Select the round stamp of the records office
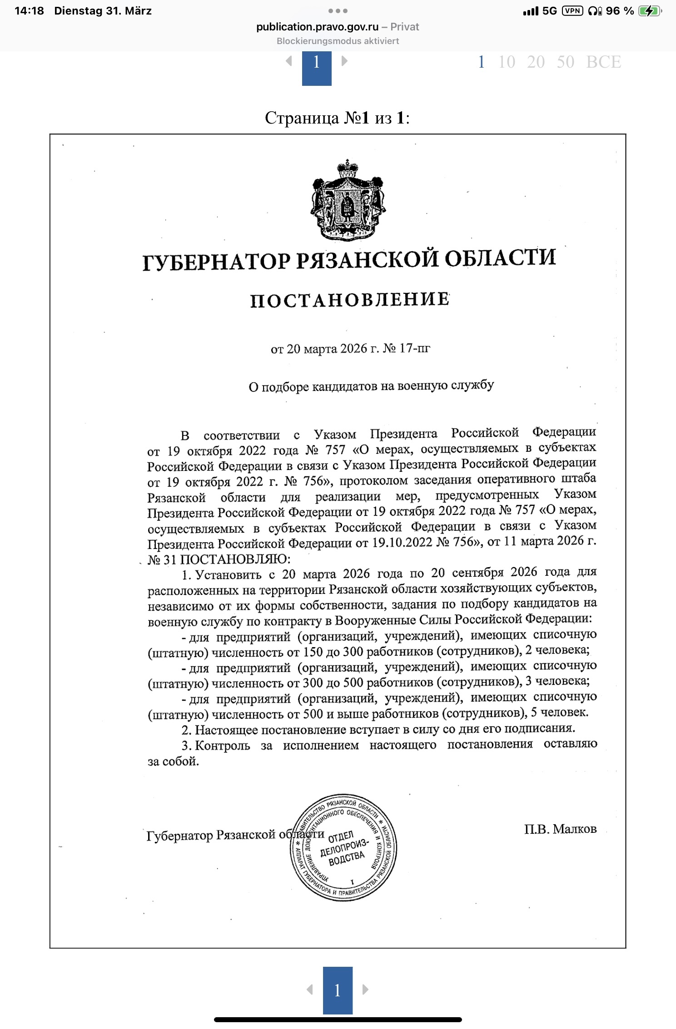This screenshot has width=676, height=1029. [x=344, y=848]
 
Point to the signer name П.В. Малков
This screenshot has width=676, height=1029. [x=560, y=829]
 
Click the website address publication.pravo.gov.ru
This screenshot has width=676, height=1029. [x=317, y=27]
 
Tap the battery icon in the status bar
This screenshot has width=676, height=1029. [x=650, y=11]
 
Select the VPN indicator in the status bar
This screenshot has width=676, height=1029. [x=572, y=11]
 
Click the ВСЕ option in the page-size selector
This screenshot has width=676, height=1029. [x=603, y=62]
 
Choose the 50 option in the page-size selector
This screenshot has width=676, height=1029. [x=565, y=62]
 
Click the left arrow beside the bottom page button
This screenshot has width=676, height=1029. [x=310, y=989]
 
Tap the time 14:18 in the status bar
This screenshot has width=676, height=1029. [x=29, y=11]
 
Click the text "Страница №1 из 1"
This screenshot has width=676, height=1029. [x=337, y=118]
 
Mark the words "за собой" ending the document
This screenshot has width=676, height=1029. [x=173, y=762]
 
